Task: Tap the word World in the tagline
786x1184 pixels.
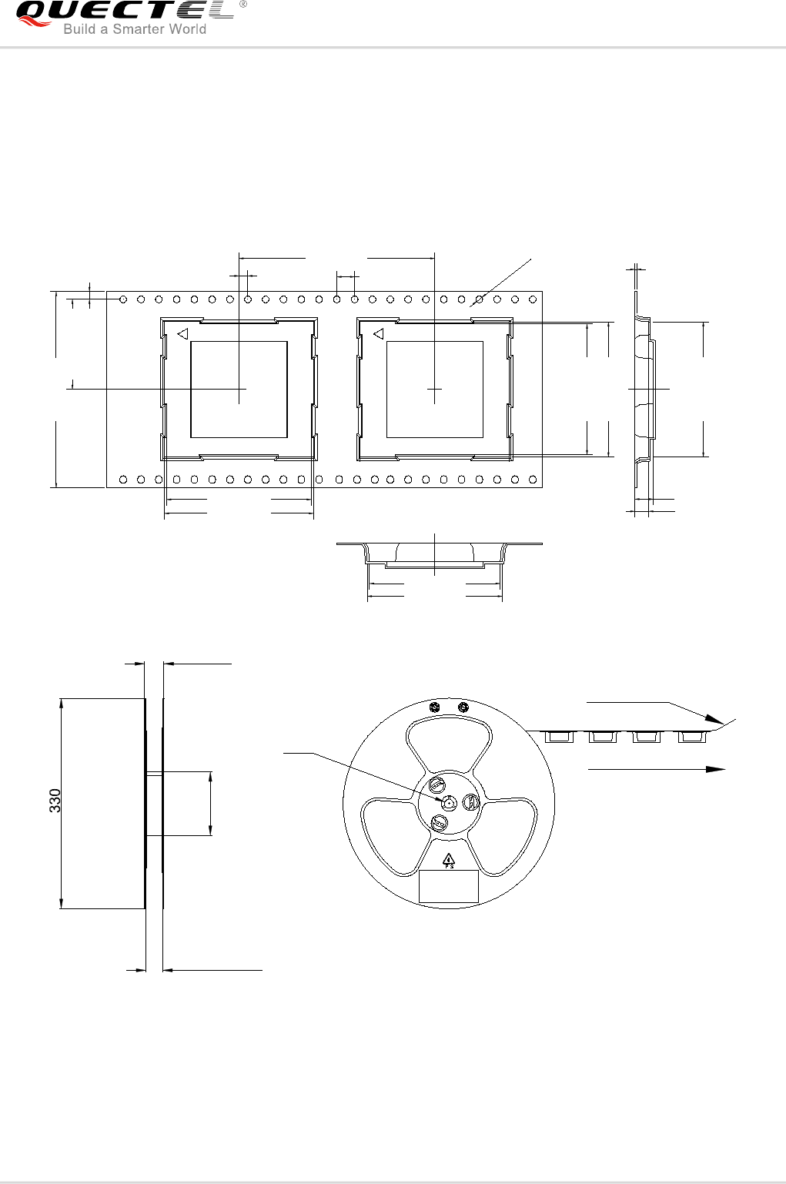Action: click(186, 29)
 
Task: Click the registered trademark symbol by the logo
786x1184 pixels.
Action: click(242, 4)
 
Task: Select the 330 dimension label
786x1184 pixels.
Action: click(55, 801)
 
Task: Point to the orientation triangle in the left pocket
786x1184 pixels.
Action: click(183, 334)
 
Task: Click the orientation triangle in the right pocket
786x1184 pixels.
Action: click(379, 334)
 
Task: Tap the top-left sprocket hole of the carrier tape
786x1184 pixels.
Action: click(123, 299)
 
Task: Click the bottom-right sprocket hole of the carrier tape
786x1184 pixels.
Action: click(533, 480)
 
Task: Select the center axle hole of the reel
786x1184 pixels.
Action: click(449, 803)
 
